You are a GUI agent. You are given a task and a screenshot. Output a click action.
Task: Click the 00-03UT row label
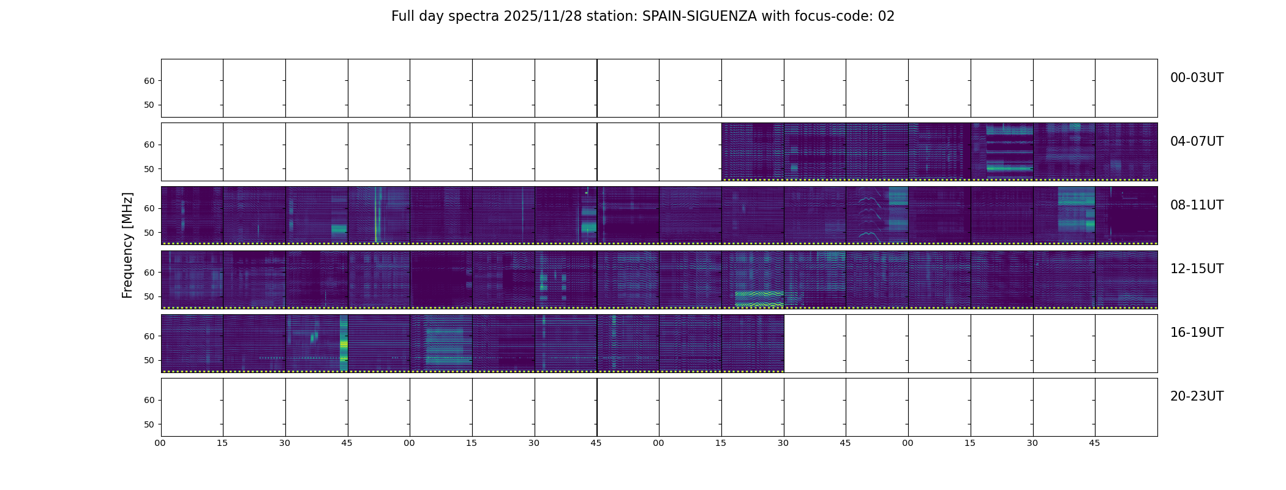[x=1196, y=78]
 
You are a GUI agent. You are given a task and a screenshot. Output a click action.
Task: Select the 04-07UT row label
[x=1196, y=141]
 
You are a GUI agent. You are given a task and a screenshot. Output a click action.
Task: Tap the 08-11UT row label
[x=1196, y=205]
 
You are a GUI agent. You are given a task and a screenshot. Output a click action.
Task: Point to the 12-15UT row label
[x=1196, y=269]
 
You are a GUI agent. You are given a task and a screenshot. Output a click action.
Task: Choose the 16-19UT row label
[x=1196, y=333]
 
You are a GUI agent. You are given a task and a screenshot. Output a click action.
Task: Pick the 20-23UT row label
[x=1196, y=396]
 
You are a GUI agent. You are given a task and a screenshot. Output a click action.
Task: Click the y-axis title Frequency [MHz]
[x=127, y=245]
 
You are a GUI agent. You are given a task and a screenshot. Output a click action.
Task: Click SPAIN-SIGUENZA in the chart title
[x=699, y=17]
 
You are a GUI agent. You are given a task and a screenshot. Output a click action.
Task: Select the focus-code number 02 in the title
[x=886, y=17]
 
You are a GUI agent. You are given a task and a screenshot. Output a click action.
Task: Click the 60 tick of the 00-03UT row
[x=149, y=81]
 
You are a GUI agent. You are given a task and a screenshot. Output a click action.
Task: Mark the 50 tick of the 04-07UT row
[x=149, y=169]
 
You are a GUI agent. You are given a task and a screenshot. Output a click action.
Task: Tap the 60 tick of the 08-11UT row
[x=149, y=208]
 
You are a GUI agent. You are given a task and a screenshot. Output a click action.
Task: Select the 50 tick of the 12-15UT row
[x=149, y=296]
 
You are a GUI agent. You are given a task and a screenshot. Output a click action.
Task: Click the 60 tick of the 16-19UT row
[x=149, y=336]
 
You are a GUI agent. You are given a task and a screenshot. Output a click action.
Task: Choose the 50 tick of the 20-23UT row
[x=149, y=424]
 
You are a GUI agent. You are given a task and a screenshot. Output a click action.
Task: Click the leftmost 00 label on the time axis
[x=160, y=443]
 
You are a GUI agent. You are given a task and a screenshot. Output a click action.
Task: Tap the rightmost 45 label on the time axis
[x=1094, y=443]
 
